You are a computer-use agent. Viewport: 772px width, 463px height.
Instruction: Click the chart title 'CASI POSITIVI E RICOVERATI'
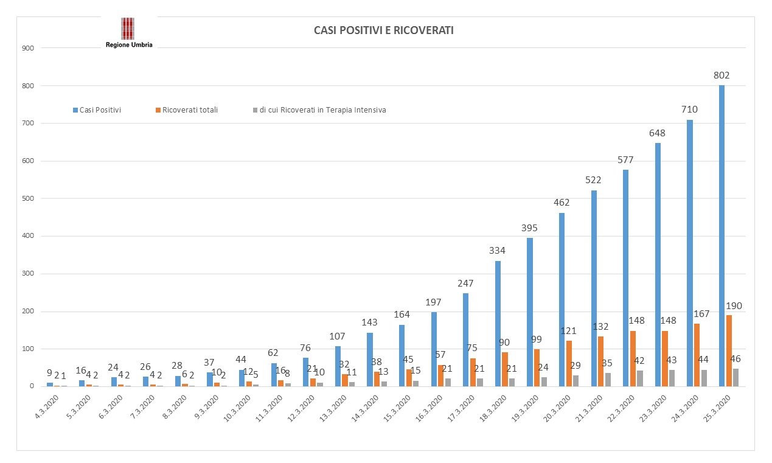point(383,30)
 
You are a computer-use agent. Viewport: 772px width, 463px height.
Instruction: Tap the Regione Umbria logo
point(128,32)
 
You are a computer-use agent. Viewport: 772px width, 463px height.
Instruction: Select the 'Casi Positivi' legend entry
point(97,110)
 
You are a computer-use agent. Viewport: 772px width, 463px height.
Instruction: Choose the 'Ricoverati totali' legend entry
point(186,110)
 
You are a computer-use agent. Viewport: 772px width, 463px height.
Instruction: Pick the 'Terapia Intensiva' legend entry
point(319,110)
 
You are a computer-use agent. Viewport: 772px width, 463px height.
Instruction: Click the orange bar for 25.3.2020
point(729,350)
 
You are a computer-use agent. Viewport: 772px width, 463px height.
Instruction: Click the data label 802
point(722,75)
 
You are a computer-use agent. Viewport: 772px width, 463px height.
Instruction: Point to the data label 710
point(689,110)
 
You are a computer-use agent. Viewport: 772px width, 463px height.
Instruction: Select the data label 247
point(465,283)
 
